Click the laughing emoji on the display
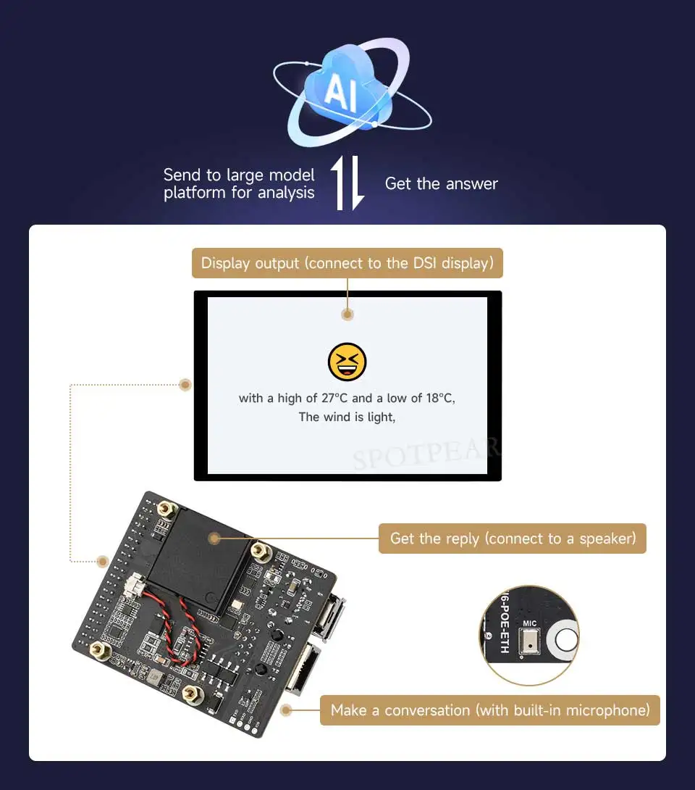click(x=347, y=362)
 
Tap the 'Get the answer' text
click(x=441, y=184)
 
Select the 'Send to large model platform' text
click(x=239, y=184)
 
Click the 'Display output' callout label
click(x=347, y=263)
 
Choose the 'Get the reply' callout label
click(x=512, y=539)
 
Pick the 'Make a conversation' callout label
click(x=490, y=710)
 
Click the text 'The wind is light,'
click(x=347, y=417)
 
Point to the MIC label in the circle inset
click(x=530, y=623)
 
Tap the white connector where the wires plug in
click(x=135, y=583)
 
